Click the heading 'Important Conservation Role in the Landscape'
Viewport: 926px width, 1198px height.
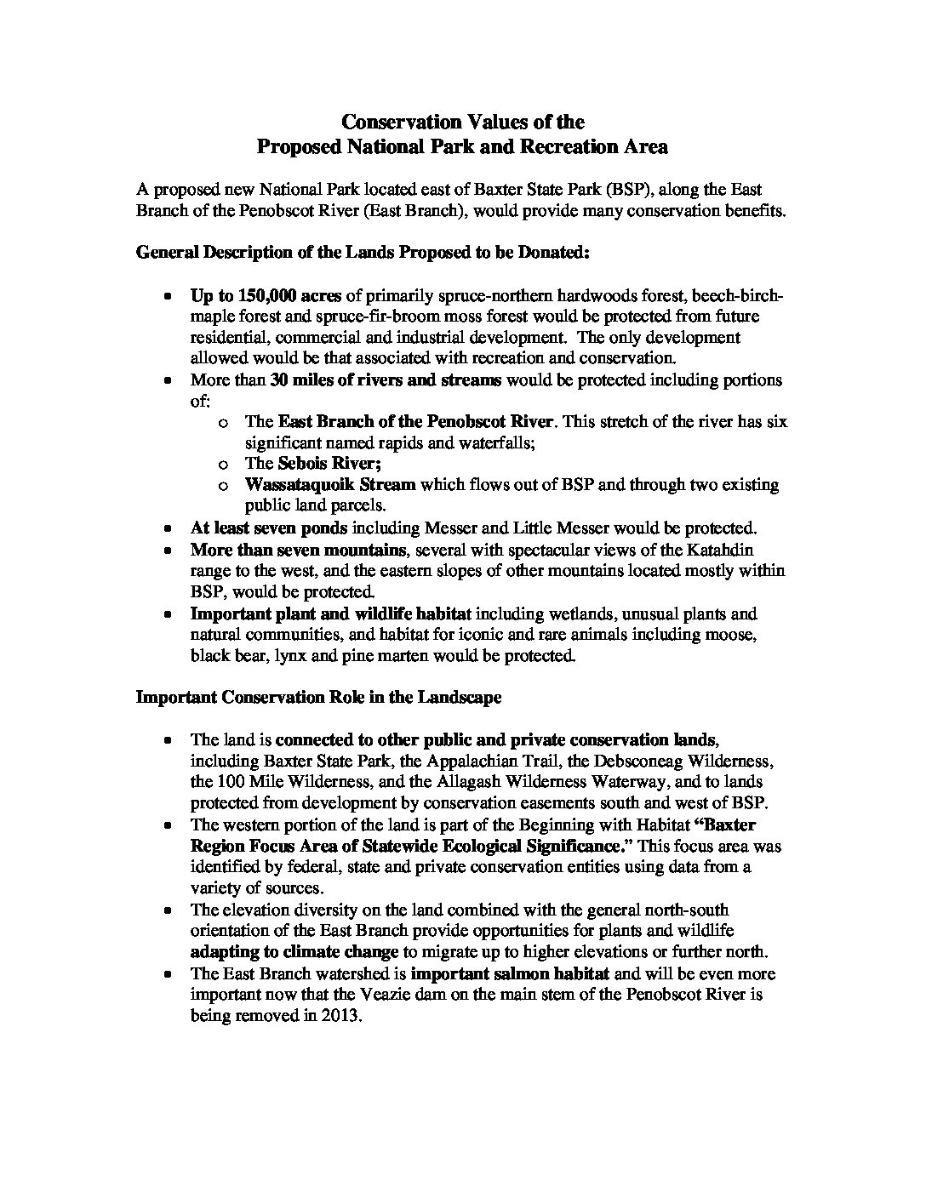pos(318,698)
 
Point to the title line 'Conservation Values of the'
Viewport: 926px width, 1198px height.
pos(462,122)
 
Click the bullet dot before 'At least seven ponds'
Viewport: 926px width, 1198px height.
pos(169,528)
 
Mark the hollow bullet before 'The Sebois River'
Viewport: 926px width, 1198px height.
pos(223,465)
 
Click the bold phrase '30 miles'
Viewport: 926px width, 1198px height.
pos(299,379)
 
